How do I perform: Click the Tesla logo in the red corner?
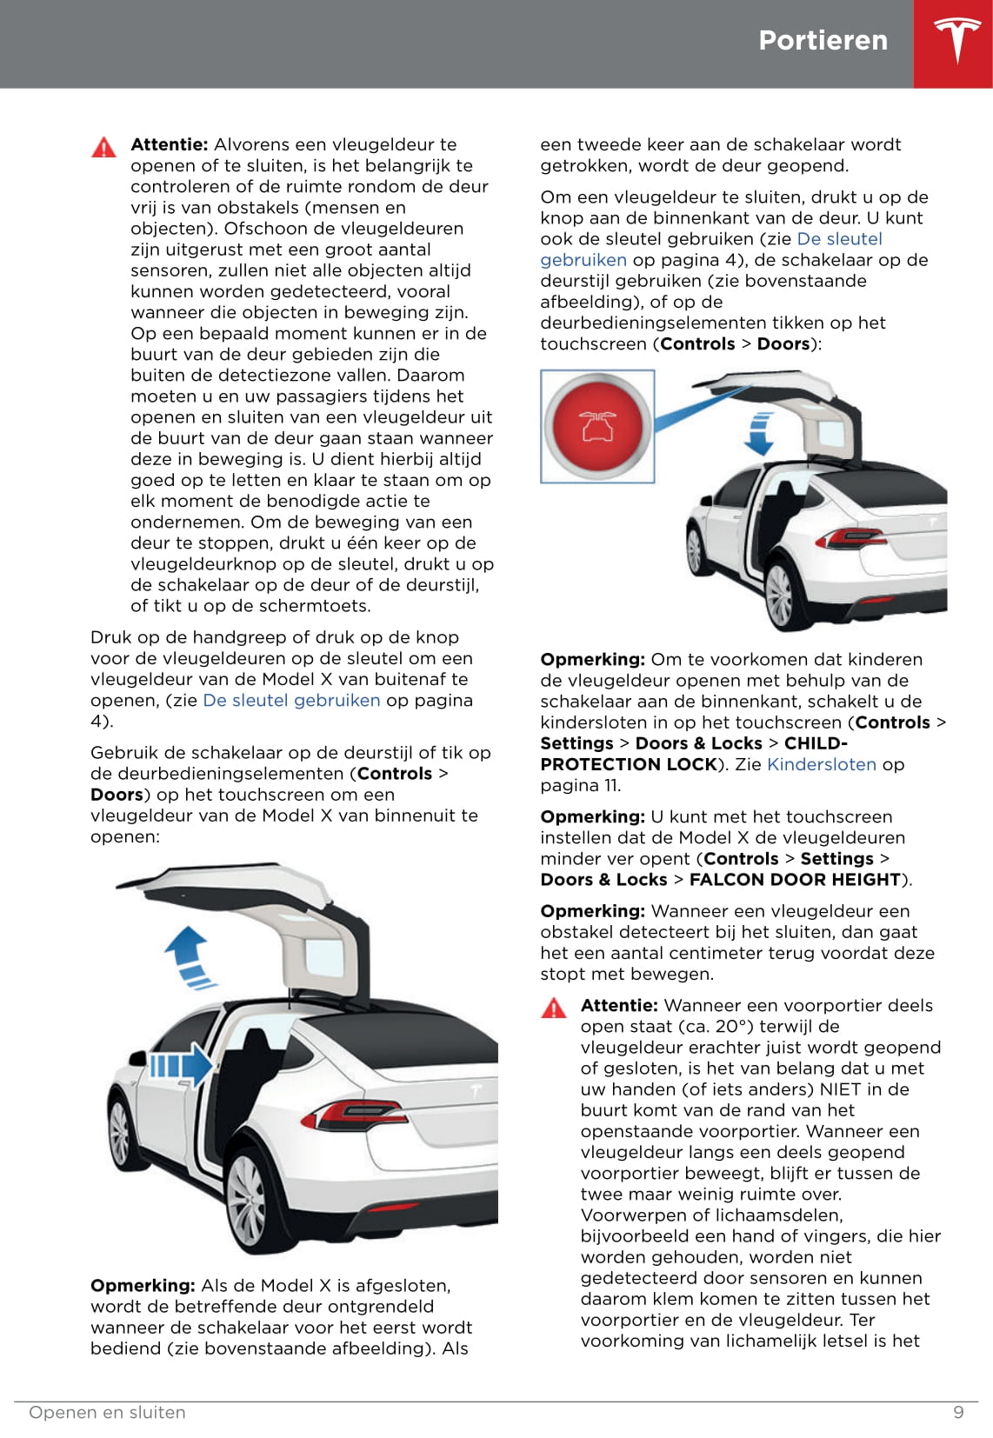tap(957, 42)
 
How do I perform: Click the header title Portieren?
tap(823, 40)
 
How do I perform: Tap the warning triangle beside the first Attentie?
tap(103, 147)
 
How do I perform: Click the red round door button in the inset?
tap(598, 426)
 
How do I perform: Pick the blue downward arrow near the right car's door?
tap(760, 432)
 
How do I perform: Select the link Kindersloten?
tap(822, 764)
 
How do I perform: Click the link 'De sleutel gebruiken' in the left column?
tap(291, 700)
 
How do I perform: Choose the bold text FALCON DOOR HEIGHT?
tap(795, 879)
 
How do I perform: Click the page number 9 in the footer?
tap(958, 1412)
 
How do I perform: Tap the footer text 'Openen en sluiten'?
tap(107, 1412)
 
